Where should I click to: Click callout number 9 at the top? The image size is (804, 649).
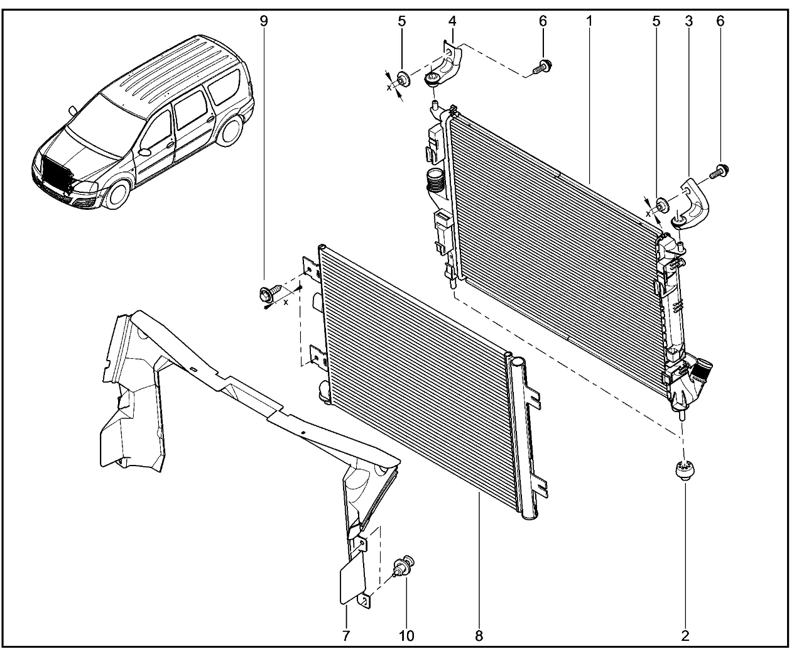(x=264, y=21)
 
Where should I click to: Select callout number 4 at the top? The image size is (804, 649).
(x=452, y=21)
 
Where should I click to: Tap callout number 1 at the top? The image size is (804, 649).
(x=589, y=21)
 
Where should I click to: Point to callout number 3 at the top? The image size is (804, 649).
(x=689, y=21)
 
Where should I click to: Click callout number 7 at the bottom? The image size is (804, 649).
(x=346, y=636)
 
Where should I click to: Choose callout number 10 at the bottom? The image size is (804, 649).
(x=406, y=636)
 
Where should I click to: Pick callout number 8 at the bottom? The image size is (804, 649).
(x=479, y=636)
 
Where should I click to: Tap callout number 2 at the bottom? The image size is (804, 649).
(x=685, y=636)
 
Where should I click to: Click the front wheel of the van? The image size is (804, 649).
(x=119, y=194)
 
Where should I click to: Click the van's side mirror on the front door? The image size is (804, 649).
(x=144, y=152)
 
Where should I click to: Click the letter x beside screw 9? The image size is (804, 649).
(x=286, y=302)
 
